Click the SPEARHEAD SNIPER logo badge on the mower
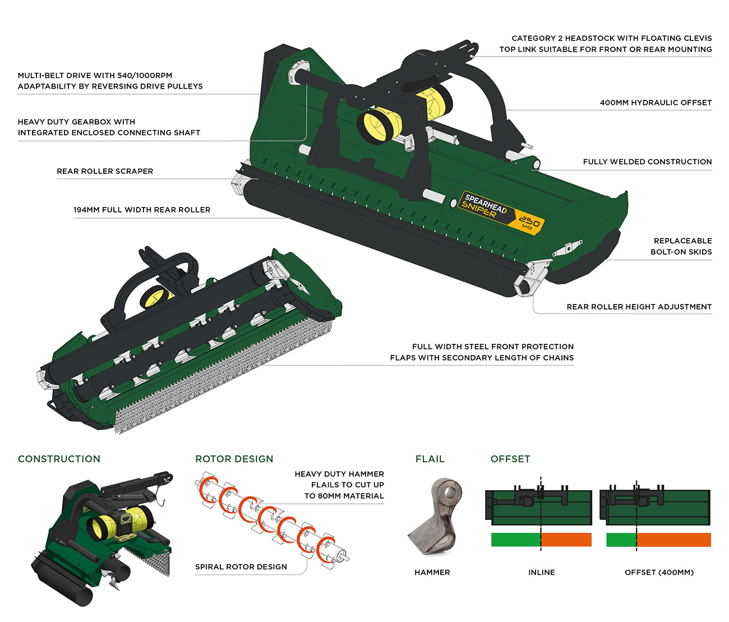pos(501,211)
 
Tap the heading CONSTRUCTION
pos(59,459)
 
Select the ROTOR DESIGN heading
pos(234,459)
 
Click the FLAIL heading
pos(430,459)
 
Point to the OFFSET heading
pos(510,459)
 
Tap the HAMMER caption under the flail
pos(432,572)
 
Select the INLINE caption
pos(541,572)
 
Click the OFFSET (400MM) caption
pos(659,572)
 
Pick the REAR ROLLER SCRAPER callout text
pos(105,171)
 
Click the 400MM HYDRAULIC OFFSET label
pos(656,103)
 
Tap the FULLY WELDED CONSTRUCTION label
pos(647,162)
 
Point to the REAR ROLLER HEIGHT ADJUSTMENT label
pos(639,307)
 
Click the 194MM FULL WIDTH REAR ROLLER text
pos(142,210)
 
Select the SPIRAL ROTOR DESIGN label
pos(241,566)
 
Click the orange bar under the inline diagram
pos(566,540)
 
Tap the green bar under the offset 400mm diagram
pos(621,540)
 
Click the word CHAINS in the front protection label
pos(558,357)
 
